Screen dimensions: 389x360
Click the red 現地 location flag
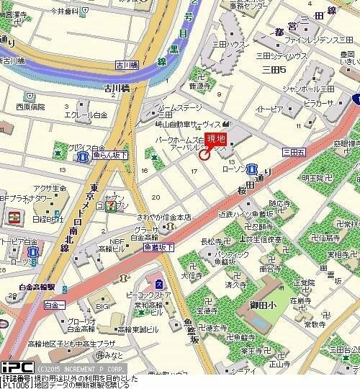click(x=216, y=139)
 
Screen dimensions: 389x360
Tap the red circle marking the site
click(x=204, y=154)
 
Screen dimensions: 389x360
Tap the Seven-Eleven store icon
click(x=110, y=206)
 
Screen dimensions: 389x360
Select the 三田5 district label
click(x=274, y=69)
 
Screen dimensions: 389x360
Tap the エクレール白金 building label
click(x=86, y=115)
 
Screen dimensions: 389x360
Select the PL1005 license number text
click(x=16, y=384)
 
